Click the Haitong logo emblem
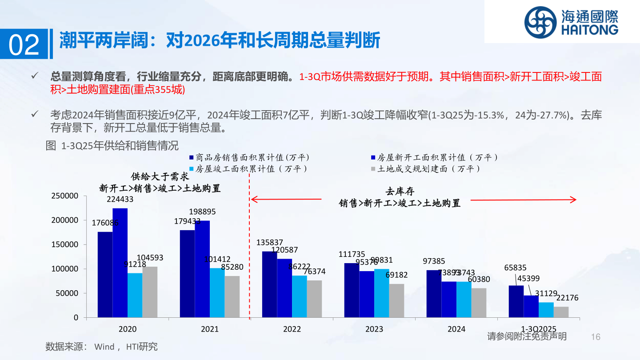coord(540,22)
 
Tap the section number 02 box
coord(24,44)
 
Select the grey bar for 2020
coord(150,292)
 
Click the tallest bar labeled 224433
coord(120,263)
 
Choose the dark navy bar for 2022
coord(269,284)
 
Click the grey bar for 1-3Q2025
coord(561,312)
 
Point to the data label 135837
coord(270,243)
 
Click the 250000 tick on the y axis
coord(65,196)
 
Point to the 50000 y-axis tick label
coord(67,293)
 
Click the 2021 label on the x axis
coord(210,329)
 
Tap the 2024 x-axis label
coord(456,329)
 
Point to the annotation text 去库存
coord(400,192)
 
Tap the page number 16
coord(596,337)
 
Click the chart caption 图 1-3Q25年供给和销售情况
coord(112,145)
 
